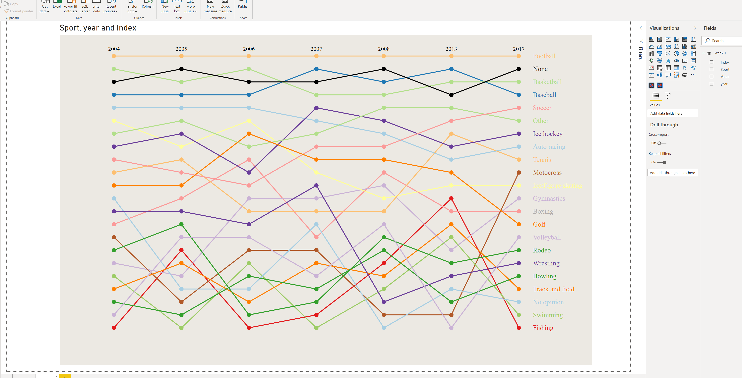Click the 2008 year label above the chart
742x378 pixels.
coord(384,49)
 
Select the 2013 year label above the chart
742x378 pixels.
coord(451,49)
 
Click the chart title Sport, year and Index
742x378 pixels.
coord(98,28)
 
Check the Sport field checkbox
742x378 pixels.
coord(711,69)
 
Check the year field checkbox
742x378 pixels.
coord(711,84)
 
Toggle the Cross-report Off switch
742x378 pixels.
coord(662,143)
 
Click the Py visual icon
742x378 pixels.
coord(693,68)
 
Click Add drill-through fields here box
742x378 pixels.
coord(672,173)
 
